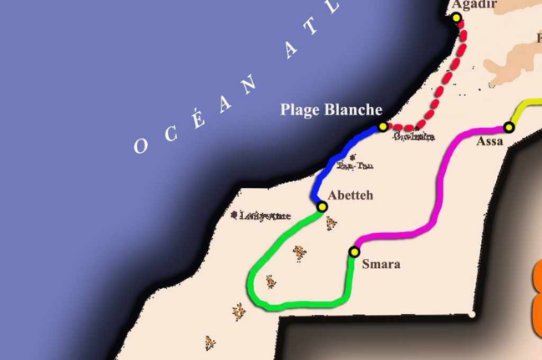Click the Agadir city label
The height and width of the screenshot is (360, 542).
(474, 5)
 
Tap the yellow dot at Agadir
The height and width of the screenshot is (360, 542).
(457, 18)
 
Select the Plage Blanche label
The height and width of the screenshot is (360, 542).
(331, 109)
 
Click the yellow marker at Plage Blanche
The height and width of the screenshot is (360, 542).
(382, 126)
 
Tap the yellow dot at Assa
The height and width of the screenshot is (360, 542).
(509, 128)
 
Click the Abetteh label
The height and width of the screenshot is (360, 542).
(351, 195)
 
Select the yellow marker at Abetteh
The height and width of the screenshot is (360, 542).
(322, 206)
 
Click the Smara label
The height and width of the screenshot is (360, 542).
(382, 265)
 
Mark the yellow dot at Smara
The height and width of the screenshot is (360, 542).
(354, 251)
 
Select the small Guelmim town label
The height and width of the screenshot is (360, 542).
(413, 136)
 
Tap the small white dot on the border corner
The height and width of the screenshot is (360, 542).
(473, 315)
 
